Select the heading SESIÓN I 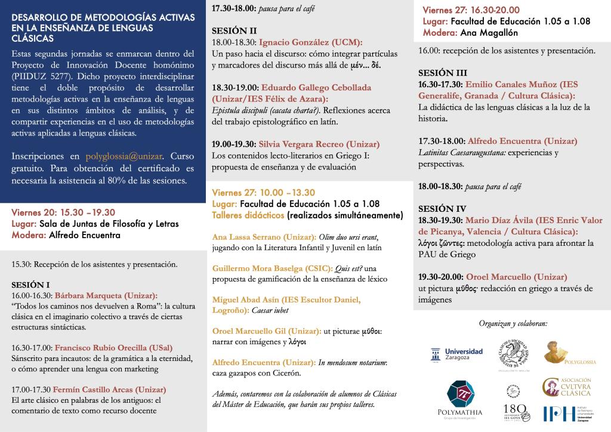pyautogui.click(x=30, y=285)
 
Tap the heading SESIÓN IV pyautogui.click(x=442, y=209)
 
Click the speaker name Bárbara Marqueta pyautogui.click(x=106, y=295)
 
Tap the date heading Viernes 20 pyautogui.click(x=33, y=212)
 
